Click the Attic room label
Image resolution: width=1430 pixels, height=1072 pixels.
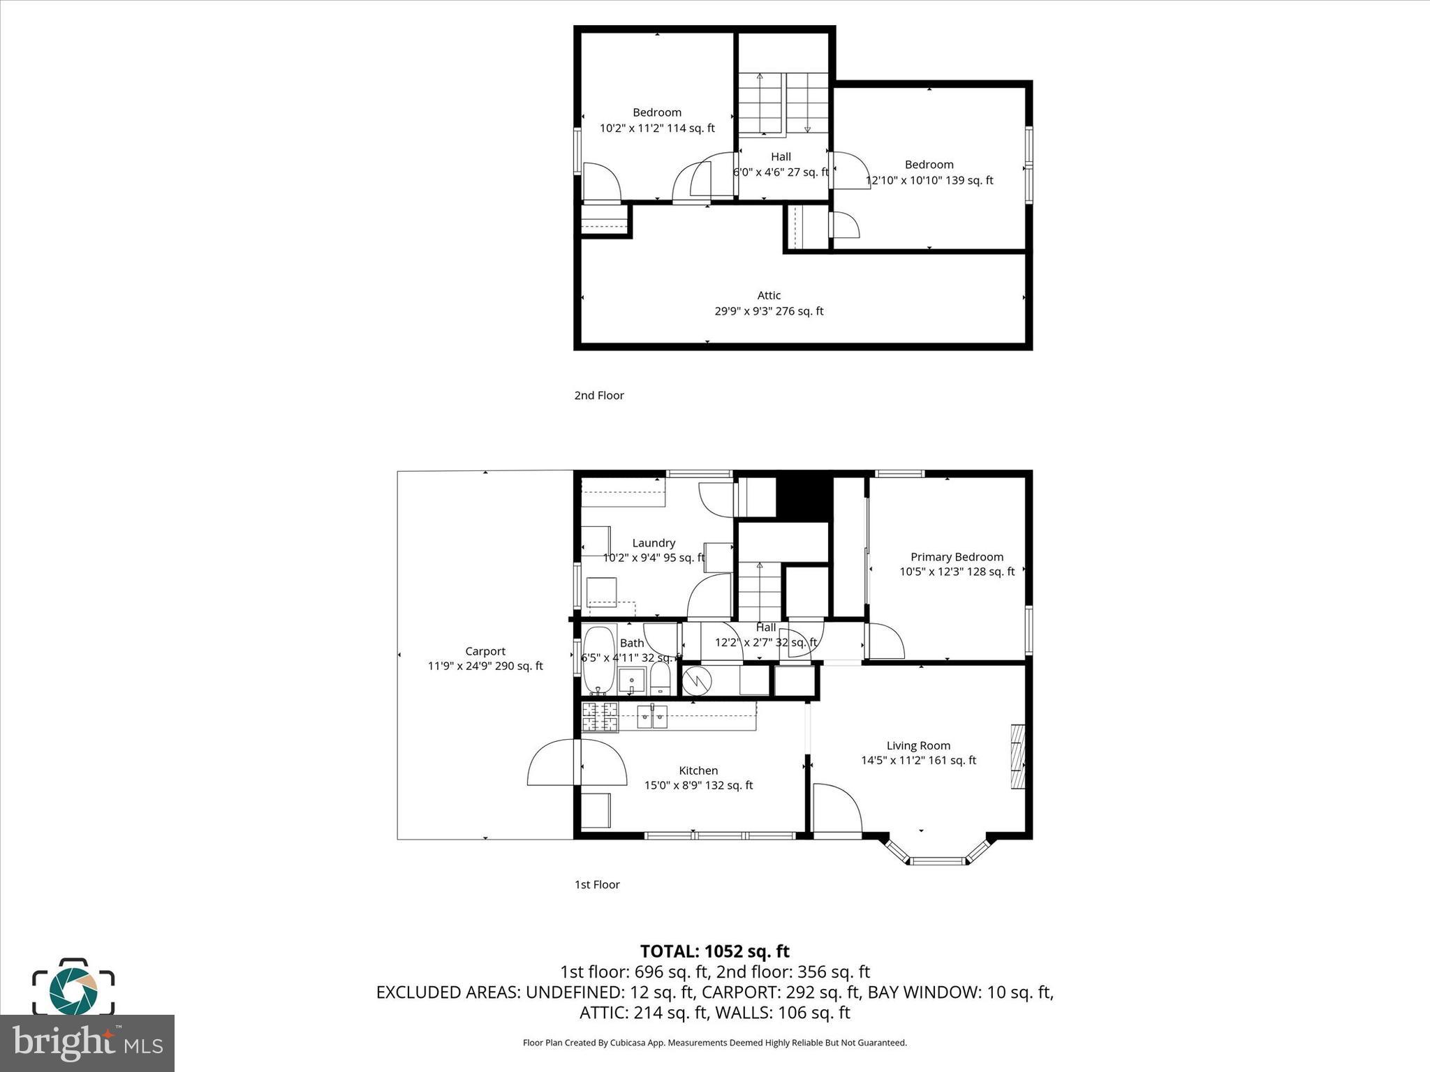[x=769, y=295]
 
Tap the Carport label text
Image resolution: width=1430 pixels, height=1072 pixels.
[x=485, y=651]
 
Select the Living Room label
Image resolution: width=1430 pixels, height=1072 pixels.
[x=918, y=745]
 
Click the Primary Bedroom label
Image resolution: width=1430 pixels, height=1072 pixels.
[x=957, y=557]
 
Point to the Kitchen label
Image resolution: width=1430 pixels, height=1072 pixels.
[x=698, y=770]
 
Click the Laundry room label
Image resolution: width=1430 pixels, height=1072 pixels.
[x=654, y=543]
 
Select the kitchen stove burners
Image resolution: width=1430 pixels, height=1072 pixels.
[x=600, y=717]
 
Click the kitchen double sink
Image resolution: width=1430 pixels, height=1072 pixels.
[x=652, y=717]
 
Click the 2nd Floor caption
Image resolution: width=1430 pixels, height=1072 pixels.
[x=599, y=395]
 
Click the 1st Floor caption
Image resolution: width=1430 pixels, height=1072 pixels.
[x=597, y=884]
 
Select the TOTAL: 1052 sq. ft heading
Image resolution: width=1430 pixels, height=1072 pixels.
[x=715, y=951]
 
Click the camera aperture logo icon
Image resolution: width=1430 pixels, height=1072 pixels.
[x=73, y=988]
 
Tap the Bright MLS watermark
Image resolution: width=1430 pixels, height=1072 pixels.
[x=87, y=1043]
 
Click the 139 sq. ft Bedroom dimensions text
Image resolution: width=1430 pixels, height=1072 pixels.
[x=929, y=180]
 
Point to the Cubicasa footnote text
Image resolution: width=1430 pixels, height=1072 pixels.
[x=715, y=1043]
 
